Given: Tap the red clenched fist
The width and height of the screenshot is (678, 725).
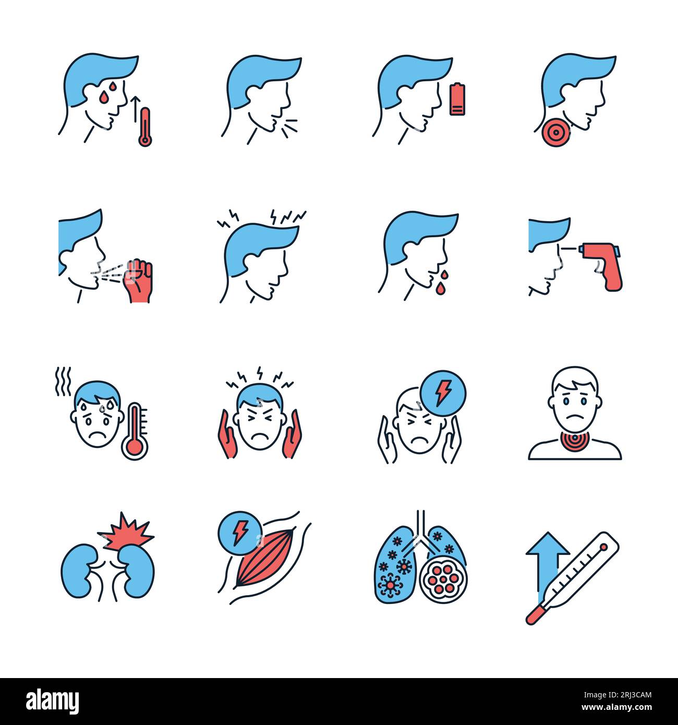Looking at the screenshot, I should pyautogui.click(x=138, y=281).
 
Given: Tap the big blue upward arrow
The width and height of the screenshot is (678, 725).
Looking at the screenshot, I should pyautogui.click(x=547, y=566).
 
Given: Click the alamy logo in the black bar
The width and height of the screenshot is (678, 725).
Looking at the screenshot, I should pyautogui.click(x=53, y=701).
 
